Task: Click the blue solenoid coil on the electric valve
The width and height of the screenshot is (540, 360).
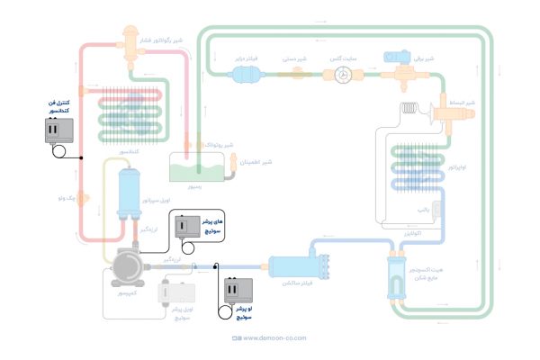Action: [x=397, y=57]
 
